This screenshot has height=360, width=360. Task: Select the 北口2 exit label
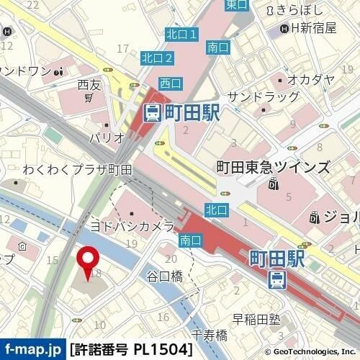(157, 58)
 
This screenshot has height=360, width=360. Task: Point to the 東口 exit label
(235, 5)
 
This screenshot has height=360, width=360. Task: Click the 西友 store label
(88, 85)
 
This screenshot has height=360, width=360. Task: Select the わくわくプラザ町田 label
(77, 170)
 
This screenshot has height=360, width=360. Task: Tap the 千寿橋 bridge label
(210, 334)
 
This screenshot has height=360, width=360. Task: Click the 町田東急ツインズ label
(273, 167)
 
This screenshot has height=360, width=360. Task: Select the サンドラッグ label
(263, 97)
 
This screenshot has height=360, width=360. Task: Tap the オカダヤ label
(310, 79)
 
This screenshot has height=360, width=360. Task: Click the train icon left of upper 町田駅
(152, 112)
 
